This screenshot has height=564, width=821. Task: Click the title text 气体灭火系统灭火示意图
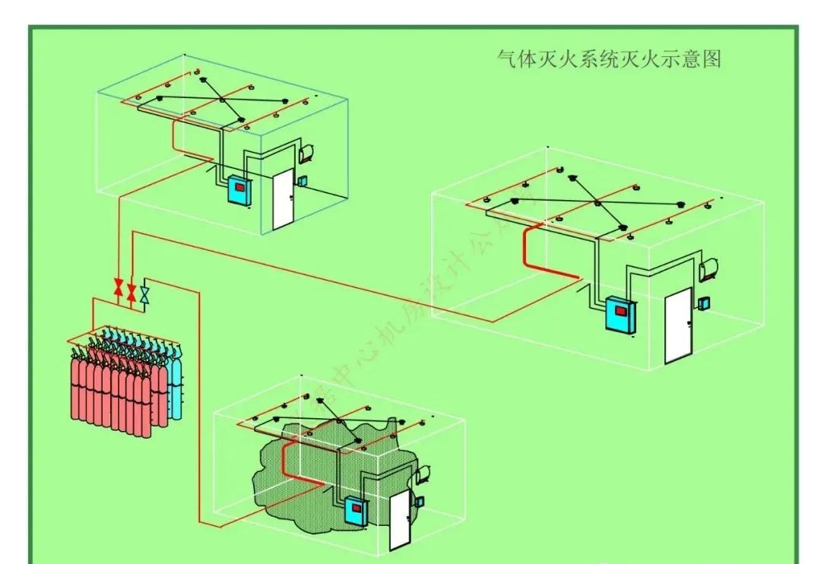(608, 59)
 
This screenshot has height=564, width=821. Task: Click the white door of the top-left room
(282, 199)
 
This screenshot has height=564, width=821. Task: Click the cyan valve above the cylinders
(145, 293)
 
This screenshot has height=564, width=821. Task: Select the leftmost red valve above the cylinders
(119, 288)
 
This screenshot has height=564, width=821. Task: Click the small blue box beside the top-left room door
(302, 181)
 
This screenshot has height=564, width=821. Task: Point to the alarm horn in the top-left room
(307, 151)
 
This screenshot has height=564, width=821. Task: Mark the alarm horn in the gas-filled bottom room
(421, 476)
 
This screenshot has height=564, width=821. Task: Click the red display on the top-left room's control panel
(240, 185)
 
